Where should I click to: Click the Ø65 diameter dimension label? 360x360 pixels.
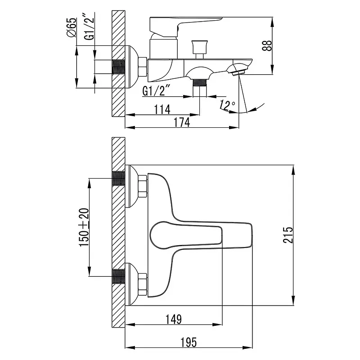pyautogui.click(x=72, y=27)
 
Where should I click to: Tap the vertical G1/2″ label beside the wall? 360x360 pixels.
pyautogui.click(x=89, y=27)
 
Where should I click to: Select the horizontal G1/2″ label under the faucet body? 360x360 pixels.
pyautogui.click(x=157, y=90)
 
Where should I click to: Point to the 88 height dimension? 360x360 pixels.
pyautogui.click(x=267, y=45)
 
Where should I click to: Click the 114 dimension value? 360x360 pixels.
pyautogui.click(x=162, y=109)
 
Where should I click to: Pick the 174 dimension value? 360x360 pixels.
pyautogui.click(x=182, y=122)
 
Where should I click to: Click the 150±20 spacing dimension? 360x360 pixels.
pyautogui.click(x=84, y=227)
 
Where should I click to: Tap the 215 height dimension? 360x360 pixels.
pyautogui.click(x=288, y=235)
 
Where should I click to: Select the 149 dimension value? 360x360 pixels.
pyautogui.click(x=174, y=319)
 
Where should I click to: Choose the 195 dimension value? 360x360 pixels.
pyautogui.click(x=189, y=342)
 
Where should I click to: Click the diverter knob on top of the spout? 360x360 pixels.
pyautogui.click(x=199, y=49)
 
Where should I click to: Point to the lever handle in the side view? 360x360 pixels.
pyautogui.click(x=186, y=27)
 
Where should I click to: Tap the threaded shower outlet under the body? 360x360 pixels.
pyautogui.click(x=199, y=88)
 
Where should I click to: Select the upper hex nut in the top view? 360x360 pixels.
pyautogui.click(x=142, y=186)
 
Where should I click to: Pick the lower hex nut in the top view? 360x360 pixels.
pyautogui.click(x=142, y=285)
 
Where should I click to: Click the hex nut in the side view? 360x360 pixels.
pyautogui.click(x=142, y=67)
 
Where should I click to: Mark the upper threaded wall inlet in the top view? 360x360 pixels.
pyautogui.click(x=119, y=178)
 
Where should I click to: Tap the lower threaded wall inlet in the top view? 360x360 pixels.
pyautogui.click(x=119, y=276)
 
